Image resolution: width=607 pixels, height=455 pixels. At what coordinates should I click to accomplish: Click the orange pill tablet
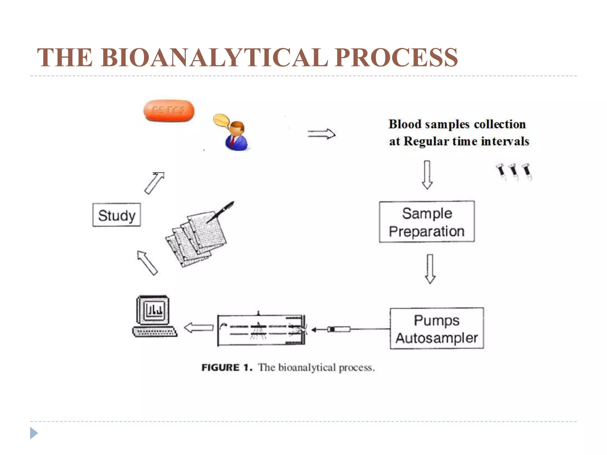[x=169, y=111]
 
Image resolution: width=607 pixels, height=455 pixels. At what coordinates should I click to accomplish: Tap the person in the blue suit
[x=236, y=137]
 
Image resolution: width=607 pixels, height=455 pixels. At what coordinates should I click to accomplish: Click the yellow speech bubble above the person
[x=221, y=120]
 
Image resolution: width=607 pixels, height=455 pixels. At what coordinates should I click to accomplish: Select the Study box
[x=116, y=215]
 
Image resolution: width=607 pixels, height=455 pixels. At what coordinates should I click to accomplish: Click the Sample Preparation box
[x=427, y=222]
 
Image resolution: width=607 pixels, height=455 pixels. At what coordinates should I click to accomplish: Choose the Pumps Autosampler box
[x=437, y=328]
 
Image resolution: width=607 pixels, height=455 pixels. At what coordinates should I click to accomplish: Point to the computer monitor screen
[x=154, y=310]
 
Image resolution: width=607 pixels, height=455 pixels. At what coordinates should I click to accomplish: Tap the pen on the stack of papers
[x=221, y=212]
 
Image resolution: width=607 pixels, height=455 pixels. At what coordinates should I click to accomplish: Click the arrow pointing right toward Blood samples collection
[x=322, y=134]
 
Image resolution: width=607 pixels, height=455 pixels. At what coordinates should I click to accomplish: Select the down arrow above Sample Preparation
[x=427, y=175]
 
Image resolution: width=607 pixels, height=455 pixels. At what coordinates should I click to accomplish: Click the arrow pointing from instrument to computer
[x=199, y=328]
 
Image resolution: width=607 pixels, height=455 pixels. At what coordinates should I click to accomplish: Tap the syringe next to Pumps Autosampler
[x=339, y=329]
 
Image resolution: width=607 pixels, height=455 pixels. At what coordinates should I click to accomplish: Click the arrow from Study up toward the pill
[x=154, y=183]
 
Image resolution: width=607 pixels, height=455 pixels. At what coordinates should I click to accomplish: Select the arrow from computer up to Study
[x=147, y=262]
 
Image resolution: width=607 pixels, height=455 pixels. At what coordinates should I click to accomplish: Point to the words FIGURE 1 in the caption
[x=227, y=367]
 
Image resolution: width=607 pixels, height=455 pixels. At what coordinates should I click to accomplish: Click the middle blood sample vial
[x=514, y=172]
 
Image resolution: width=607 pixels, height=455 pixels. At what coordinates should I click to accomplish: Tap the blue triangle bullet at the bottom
[x=33, y=433]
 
